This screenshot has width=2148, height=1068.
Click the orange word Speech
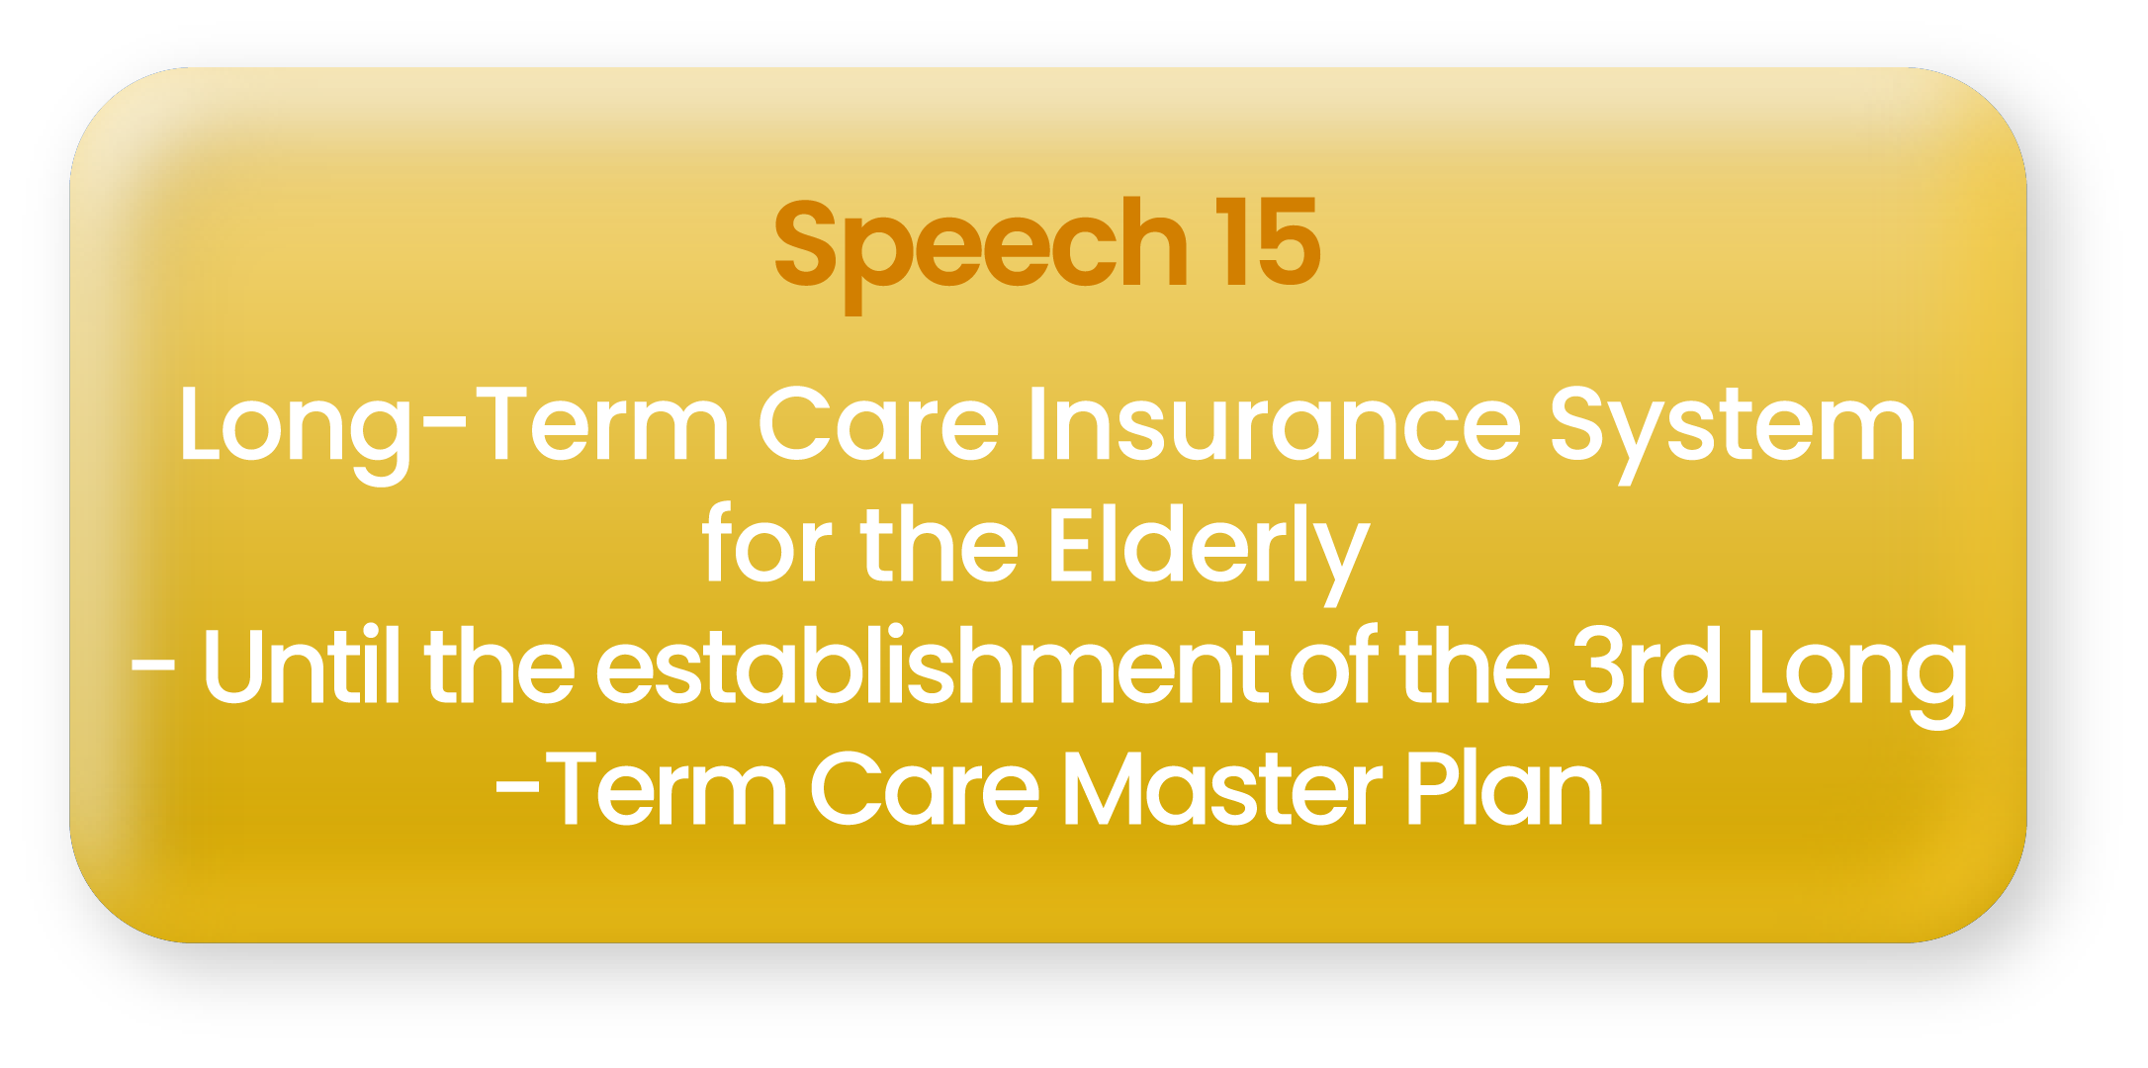pos(981,252)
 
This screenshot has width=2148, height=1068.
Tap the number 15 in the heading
pos(1268,242)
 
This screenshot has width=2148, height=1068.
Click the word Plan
pos(1503,788)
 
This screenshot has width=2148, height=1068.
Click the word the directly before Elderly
pos(940,544)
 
